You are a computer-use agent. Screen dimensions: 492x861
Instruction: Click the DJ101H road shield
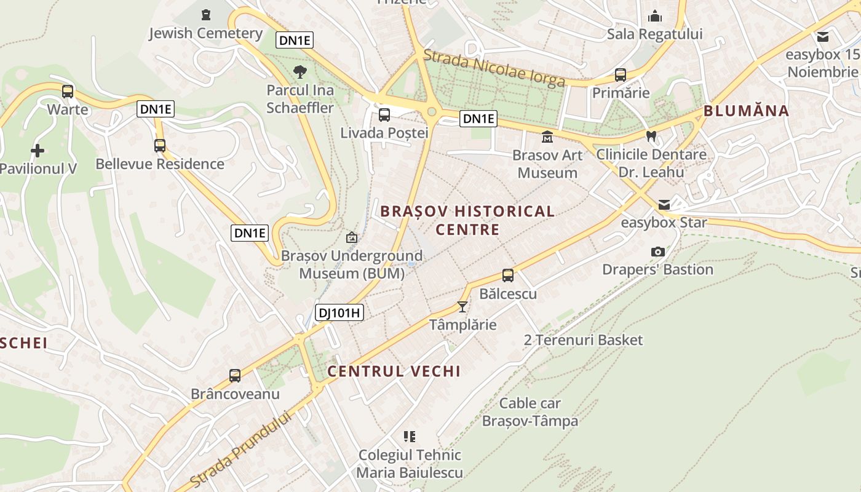(339, 312)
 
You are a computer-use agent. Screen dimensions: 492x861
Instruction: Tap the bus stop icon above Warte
(68, 92)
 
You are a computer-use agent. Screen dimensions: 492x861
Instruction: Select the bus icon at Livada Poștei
(384, 114)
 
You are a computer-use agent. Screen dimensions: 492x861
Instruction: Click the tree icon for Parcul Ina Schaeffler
(300, 72)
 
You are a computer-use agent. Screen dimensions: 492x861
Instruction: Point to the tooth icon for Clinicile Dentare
(651, 136)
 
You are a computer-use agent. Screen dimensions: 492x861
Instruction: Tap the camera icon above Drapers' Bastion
(657, 252)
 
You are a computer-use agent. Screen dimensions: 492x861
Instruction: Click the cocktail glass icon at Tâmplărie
(462, 306)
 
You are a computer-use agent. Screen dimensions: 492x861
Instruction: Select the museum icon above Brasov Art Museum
(547, 137)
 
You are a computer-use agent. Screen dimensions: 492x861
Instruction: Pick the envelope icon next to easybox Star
(664, 204)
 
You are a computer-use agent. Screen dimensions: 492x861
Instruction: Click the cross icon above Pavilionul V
(38, 150)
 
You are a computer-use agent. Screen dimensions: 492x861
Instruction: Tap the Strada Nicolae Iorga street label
(494, 69)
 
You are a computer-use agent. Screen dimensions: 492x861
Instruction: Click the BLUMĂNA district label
(746, 111)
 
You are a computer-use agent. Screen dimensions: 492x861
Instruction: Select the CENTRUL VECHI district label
(394, 371)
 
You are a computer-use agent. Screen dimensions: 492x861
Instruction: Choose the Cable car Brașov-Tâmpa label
(530, 412)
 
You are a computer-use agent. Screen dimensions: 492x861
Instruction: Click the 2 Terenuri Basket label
(583, 339)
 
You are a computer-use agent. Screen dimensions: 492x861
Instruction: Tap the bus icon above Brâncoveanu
(235, 376)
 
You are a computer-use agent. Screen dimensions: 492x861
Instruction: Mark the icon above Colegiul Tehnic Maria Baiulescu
(410, 437)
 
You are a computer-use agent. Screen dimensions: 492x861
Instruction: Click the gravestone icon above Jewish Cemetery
(206, 14)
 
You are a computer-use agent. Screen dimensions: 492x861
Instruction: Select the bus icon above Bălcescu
(508, 276)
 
